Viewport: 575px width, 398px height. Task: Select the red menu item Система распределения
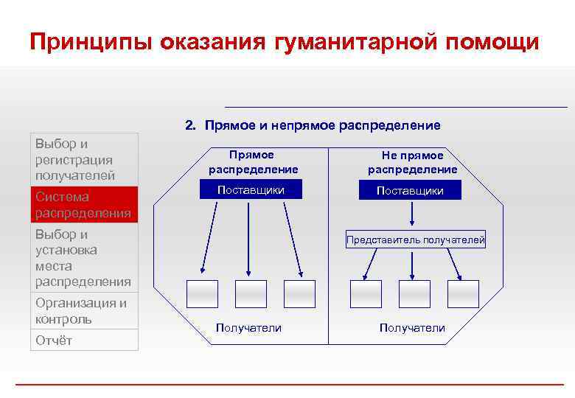84,205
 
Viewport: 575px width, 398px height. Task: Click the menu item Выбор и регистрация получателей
84,159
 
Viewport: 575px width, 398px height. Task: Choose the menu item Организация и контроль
84,311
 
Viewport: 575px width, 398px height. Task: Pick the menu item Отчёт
84,340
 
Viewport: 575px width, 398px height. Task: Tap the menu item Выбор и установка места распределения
84,258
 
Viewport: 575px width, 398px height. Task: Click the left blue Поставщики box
251,191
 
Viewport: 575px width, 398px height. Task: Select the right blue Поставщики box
411,191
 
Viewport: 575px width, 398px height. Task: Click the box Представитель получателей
417,239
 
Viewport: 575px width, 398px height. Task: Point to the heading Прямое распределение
251,162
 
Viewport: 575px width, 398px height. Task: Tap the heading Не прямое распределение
412,162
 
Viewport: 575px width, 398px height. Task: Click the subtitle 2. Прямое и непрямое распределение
313,125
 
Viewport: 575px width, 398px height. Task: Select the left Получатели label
248,327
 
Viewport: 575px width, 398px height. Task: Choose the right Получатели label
412,327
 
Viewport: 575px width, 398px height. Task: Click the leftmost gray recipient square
202,293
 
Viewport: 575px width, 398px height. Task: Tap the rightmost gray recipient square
463,293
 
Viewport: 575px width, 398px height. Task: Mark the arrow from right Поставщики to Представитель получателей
413,214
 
